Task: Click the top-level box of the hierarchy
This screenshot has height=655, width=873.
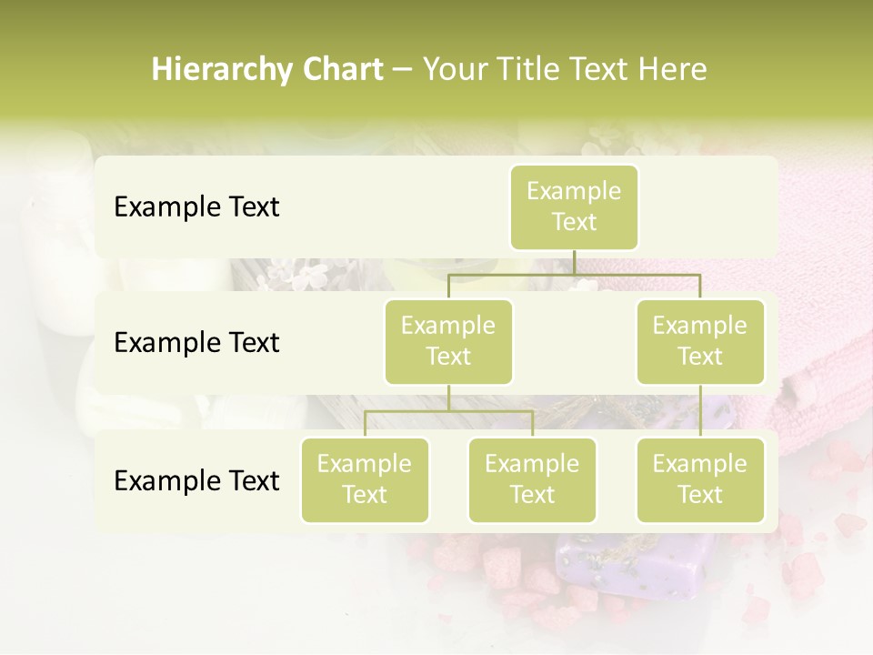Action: [x=574, y=207]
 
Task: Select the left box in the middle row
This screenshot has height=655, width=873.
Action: [x=448, y=341]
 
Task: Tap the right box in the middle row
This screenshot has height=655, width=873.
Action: [x=700, y=341]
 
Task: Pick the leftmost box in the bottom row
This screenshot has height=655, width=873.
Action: [x=365, y=479]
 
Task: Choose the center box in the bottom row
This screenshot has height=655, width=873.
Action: [x=532, y=479]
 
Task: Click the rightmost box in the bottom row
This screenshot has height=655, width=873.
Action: [x=700, y=479]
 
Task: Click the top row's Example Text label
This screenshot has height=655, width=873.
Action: [x=196, y=207]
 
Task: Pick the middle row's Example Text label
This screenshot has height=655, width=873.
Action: [x=196, y=342]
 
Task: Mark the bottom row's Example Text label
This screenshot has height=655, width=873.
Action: [x=196, y=480]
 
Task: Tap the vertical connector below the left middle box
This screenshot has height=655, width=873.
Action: [x=448, y=398]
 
